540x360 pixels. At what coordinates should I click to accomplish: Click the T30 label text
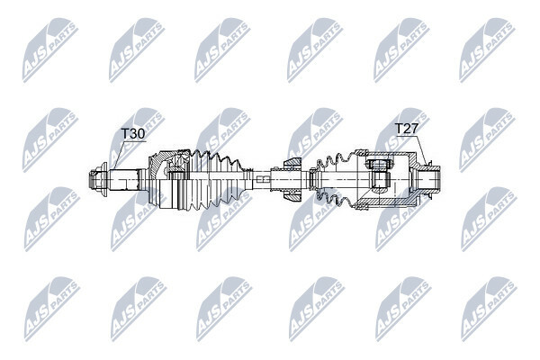tap(133, 134)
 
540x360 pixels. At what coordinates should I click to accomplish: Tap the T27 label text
tap(406, 129)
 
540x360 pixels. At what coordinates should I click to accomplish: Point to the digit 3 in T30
tap(132, 134)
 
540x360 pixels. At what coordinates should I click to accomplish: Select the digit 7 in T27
tap(414, 129)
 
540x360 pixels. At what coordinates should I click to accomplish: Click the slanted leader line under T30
tap(117, 155)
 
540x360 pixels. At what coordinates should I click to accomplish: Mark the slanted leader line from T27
tap(423, 150)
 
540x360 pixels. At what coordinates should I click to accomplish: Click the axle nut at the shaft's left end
tap(97, 179)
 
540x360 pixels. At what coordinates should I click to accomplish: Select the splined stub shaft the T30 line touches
tap(126, 179)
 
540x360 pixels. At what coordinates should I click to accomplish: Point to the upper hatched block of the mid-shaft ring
tap(292, 163)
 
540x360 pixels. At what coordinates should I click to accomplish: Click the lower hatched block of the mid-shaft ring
tap(292, 195)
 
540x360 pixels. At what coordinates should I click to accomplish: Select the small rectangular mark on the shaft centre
tap(263, 178)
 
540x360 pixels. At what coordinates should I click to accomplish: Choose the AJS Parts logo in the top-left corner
tap(50, 50)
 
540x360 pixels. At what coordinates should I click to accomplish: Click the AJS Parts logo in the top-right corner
tap(487, 50)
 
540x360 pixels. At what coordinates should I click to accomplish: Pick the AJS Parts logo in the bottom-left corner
tap(52, 309)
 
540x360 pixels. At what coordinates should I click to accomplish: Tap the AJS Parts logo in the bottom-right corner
tap(489, 309)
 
